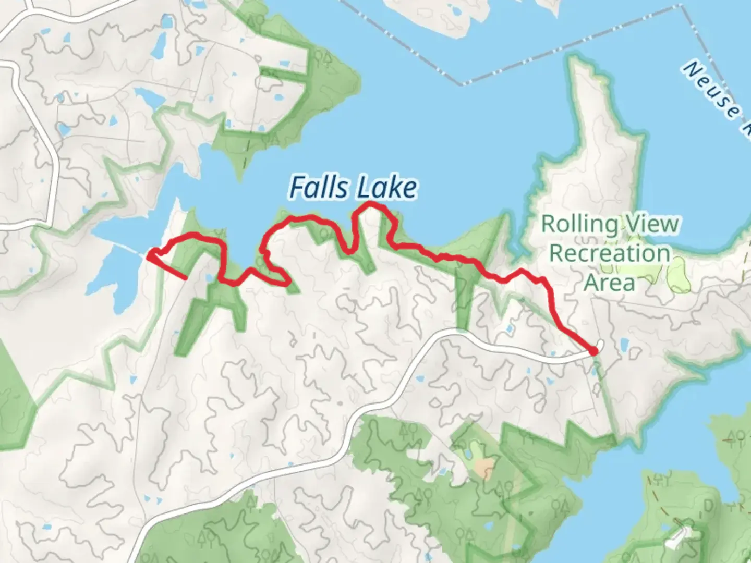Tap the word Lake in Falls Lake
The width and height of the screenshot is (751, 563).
tap(386, 188)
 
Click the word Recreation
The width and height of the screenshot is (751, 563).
tap(610, 254)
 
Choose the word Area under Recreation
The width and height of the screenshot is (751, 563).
tap(609, 283)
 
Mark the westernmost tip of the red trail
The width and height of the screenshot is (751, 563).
tap(149, 256)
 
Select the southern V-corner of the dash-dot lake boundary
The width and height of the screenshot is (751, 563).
tap(461, 83)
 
